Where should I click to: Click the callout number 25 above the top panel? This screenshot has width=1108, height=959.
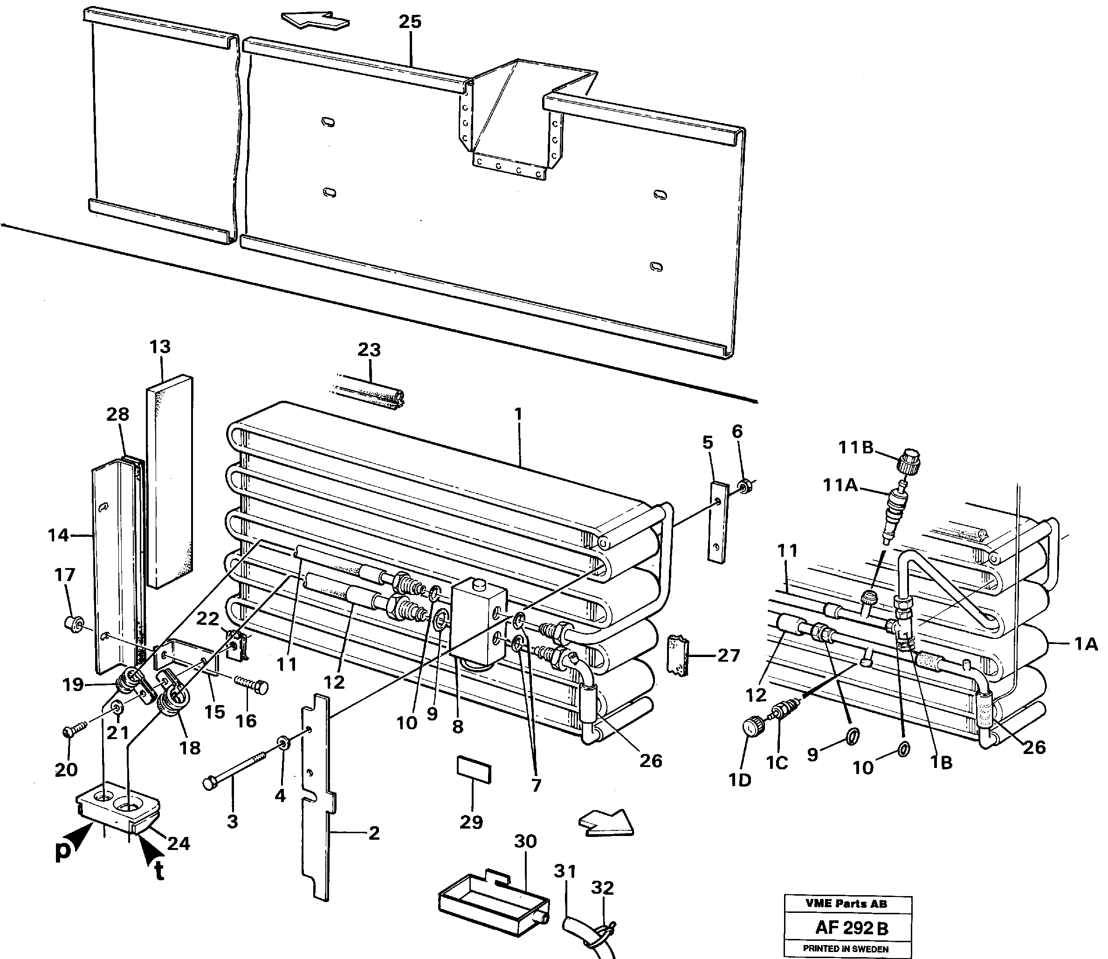tap(410, 22)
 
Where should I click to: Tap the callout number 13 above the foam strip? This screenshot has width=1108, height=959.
tap(159, 347)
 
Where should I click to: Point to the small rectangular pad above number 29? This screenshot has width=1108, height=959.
tap(473, 769)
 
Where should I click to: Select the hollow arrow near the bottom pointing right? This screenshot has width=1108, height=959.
tap(606, 822)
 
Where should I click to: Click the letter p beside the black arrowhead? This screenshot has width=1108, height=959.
tap(64, 851)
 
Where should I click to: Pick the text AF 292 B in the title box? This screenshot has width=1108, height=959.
tap(852, 927)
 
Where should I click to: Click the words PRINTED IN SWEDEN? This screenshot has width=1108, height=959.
tap(846, 949)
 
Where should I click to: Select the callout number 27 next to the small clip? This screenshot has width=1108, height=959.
tap(728, 656)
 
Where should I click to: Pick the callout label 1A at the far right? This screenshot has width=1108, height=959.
tap(1086, 645)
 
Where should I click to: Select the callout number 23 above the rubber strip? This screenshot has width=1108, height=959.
tap(369, 350)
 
